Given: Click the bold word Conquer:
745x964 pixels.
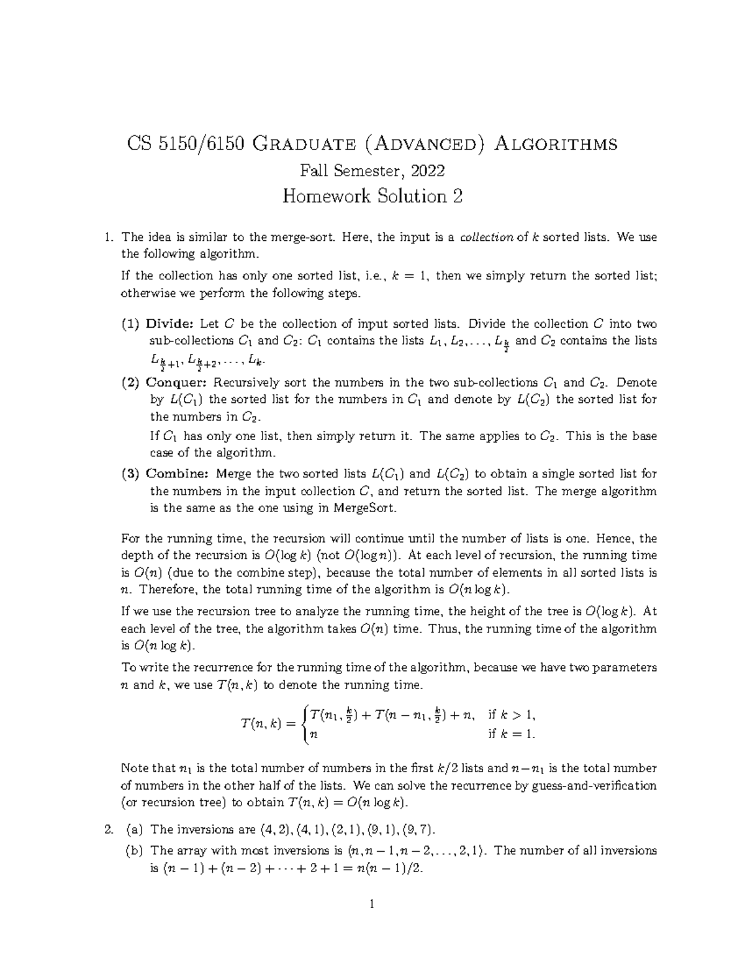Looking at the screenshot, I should point(176,382).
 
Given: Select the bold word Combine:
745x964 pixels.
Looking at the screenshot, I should point(178,474).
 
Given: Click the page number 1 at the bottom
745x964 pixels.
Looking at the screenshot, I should point(372,904).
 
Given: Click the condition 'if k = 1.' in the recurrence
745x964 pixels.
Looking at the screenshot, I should point(511,734).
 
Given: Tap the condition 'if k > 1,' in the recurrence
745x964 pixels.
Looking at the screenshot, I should point(511,714).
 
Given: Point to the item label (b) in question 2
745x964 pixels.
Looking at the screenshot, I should point(133,850).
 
